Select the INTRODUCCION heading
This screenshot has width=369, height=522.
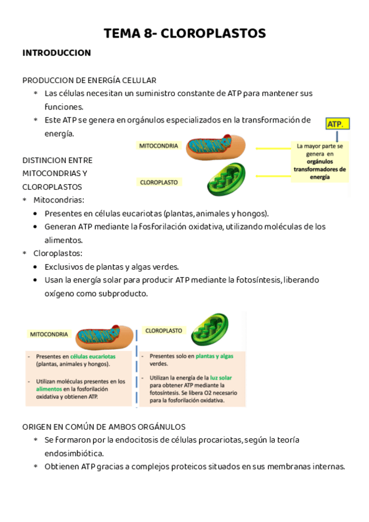tap(57, 53)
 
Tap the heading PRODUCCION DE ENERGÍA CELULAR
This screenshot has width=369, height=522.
tap(89, 80)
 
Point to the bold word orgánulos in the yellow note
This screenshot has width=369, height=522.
tap(320, 161)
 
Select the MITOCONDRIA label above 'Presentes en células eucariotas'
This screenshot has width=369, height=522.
tap(49, 334)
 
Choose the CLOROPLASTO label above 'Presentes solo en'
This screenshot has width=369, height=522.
tap(164, 331)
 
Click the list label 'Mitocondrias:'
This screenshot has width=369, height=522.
tap(59, 200)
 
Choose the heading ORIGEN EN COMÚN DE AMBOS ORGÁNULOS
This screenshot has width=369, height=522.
tap(103, 426)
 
